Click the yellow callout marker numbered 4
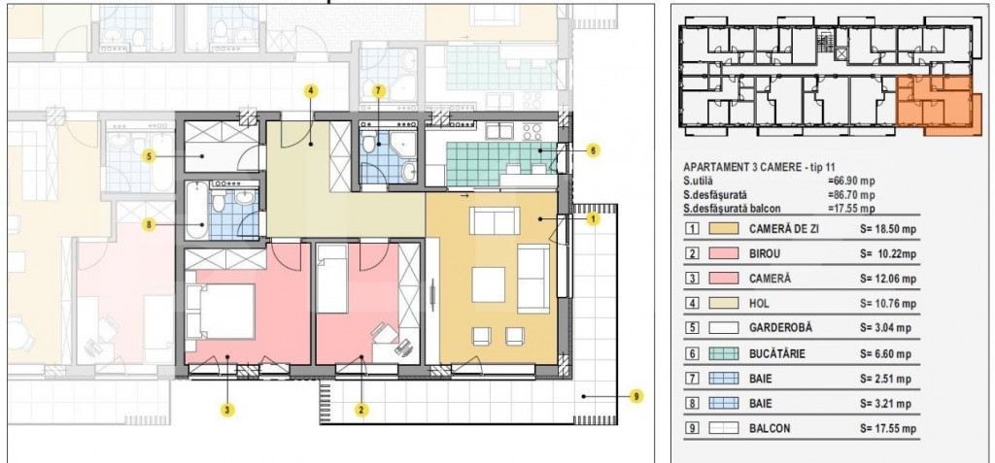[310, 91]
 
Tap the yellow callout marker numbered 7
[379, 91]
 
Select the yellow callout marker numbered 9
[635, 396]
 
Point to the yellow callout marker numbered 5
[150, 155]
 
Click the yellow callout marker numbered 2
[361, 410]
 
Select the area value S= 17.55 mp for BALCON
[888, 428]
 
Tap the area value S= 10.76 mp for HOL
[888, 305]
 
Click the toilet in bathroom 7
[370, 147]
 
